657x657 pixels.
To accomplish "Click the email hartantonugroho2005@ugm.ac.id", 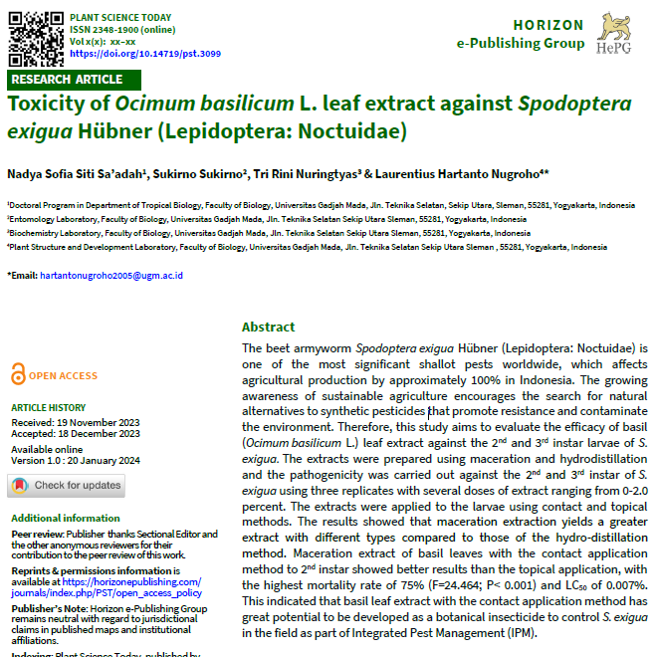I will pyautogui.click(x=116, y=275).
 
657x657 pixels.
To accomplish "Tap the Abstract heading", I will pyautogui.click(x=269, y=327).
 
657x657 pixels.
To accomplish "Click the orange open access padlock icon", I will pyautogui.click(x=18, y=375).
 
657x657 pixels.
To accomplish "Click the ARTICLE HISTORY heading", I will pyautogui.click(x=48, y=407).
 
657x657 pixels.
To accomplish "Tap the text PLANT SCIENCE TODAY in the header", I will pyautogui.click(x=119, y=18).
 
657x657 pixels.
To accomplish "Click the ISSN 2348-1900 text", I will pyautogui.click(x=106, y=30).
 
